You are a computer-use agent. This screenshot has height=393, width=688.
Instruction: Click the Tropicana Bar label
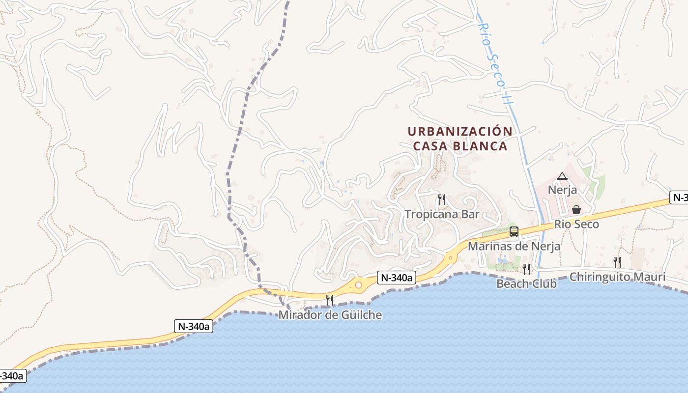(x=442, y=214)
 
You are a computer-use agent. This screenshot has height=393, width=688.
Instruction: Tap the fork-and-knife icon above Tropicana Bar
(x=442, y=199)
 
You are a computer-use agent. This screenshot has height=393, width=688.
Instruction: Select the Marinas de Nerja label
(x=514, y=246)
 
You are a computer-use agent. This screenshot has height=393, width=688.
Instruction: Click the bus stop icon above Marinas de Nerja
(x=514, y=232)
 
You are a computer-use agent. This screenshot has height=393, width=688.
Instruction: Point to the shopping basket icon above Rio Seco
(x=576, y=210)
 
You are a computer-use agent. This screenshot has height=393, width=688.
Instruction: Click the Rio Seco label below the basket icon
(x=576, y=225)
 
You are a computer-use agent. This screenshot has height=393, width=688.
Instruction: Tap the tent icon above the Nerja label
(x=562, y=176)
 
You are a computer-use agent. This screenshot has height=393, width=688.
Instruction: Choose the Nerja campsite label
(x=562, y=190)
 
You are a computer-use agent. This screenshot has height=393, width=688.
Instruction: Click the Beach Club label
(x=526, y=283)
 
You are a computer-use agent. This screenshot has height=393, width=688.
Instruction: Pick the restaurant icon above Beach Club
(x=526, y=269)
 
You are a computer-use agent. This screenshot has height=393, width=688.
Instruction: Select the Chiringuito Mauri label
(x=617, y=277)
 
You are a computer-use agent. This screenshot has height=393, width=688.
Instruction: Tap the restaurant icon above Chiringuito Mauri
(x=617, y=262)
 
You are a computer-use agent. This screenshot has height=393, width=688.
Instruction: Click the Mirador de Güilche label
(x=330, y=315)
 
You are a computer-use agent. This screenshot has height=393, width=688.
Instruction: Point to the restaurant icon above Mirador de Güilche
(x=330, y=300)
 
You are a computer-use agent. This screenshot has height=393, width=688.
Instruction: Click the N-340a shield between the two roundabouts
(x=397, y=278)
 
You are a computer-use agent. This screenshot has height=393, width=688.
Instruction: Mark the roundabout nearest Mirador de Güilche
(x=358, y=285)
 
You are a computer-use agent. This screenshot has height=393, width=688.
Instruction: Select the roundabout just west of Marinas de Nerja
(x=450, y=257)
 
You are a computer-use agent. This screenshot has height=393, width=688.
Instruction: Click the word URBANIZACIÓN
(x=460, y=132)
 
